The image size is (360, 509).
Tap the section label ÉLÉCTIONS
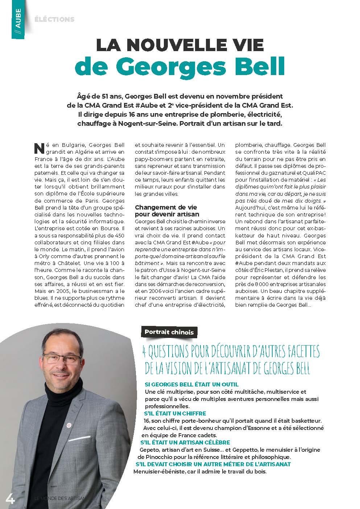(x=54, y=19)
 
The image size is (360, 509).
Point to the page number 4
(x=10, y=498)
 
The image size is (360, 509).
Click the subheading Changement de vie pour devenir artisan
(x=166, y=210)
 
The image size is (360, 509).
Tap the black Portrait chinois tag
(x=169, y=332)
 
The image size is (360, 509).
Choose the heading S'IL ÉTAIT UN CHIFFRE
(x=175, y=413)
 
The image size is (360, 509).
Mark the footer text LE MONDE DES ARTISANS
(x=60, y=498)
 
